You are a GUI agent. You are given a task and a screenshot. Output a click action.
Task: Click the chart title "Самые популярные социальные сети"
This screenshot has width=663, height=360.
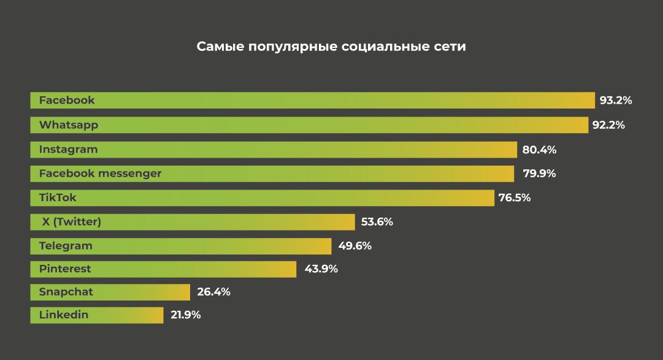tap(331, 47)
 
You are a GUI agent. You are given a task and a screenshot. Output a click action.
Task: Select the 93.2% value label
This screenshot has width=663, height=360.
tap(616, 101)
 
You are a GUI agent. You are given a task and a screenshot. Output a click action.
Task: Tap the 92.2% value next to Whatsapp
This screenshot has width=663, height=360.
tap(608, 125)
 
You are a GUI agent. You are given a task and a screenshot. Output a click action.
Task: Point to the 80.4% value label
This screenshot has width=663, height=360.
tap(539, 150)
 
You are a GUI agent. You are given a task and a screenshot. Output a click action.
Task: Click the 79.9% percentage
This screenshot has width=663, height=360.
tap(539, 174)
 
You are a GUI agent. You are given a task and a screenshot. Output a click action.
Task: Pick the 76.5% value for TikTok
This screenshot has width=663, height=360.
tap(515, 198)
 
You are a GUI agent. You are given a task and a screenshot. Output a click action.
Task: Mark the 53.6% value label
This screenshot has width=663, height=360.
tap(376, 222)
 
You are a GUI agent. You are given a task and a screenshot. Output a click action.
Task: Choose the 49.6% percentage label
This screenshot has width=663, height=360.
tap(354, 246)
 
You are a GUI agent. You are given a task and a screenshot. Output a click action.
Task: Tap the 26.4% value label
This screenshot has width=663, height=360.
tap(213, 292)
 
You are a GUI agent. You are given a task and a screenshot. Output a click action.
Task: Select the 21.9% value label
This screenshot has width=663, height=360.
tap(184, 315)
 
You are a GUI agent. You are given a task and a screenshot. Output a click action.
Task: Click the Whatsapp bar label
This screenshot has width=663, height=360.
tap(69, 125)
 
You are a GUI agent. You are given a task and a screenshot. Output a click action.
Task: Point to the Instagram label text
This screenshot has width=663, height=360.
tap(68, 150)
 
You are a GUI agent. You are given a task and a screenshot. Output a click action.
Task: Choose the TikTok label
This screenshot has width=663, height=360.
tap(58, 198)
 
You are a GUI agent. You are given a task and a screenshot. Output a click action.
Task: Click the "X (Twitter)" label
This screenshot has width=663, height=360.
tap(71, 222)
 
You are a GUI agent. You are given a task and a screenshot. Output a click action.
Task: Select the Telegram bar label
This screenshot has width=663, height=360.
tap(66, 246)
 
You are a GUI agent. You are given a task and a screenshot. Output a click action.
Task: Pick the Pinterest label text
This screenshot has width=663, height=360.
tap(65, 269)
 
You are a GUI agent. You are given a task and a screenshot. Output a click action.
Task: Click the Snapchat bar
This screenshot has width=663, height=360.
tap(110, 292)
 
